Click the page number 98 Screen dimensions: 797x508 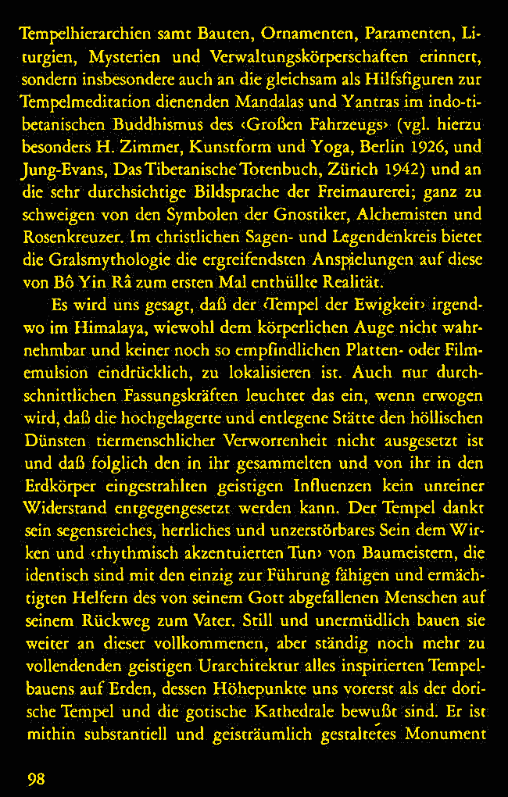pyautogui.click(x=34, y=778)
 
